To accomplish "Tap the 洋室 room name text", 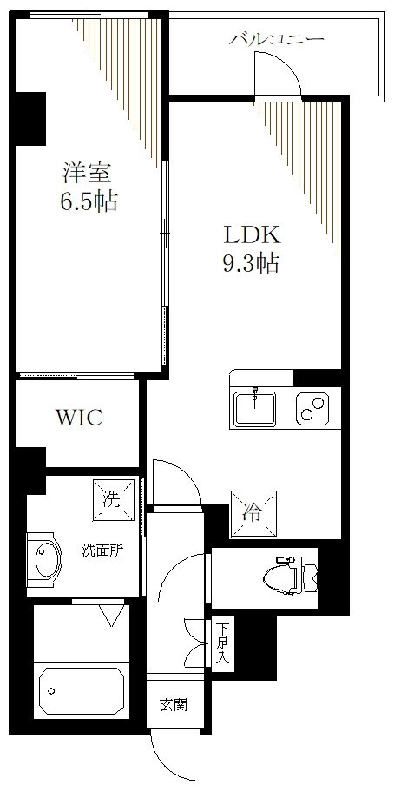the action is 86,173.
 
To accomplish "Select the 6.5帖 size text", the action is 89,201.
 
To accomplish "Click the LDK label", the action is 252,235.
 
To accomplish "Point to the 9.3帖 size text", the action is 251,262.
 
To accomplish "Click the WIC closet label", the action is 79,417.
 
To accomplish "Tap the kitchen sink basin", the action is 255,407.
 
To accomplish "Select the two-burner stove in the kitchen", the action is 312,407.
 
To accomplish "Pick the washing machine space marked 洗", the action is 113,500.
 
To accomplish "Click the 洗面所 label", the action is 103,550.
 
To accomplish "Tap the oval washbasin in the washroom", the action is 48,559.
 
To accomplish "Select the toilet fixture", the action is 291,575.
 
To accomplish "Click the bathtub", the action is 82,691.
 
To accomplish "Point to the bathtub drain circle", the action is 51,690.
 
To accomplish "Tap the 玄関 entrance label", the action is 174,704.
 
